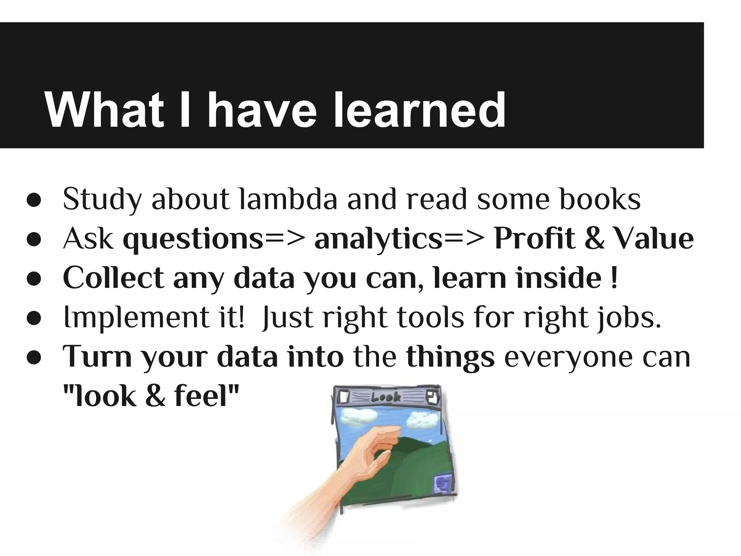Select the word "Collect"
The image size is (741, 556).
point(113,278)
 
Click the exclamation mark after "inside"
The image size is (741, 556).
point(614,278)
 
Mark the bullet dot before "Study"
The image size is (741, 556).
point(34,202)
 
